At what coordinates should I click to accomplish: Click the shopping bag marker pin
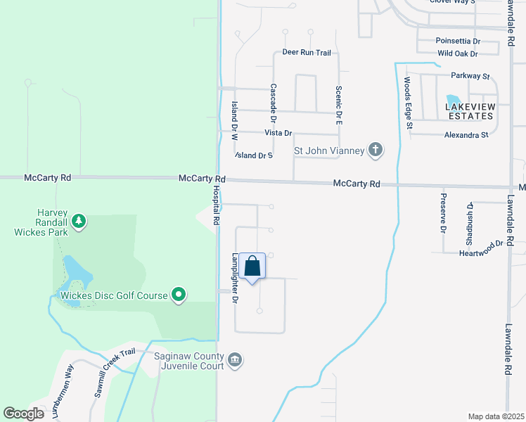(x=253, y=267)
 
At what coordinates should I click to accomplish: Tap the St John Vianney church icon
(x=376, y=149)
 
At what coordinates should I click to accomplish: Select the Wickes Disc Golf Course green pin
(x=179, y=295)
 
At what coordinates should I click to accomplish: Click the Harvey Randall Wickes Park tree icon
(x=79, y=222)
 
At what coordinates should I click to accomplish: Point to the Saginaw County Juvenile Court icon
(x=235, y=361)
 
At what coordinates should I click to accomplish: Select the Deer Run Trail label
(x=306, y=53)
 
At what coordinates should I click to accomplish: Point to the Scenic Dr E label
(x=338, y=105)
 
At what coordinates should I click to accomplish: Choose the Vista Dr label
(x=278, y=133)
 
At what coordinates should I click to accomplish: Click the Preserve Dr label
(x=443, y=213)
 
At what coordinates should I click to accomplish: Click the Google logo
(x=23, y=414)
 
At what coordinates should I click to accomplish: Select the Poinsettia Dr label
(x=456, y=41)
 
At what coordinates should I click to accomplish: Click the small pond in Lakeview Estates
(x=454, y=101)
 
